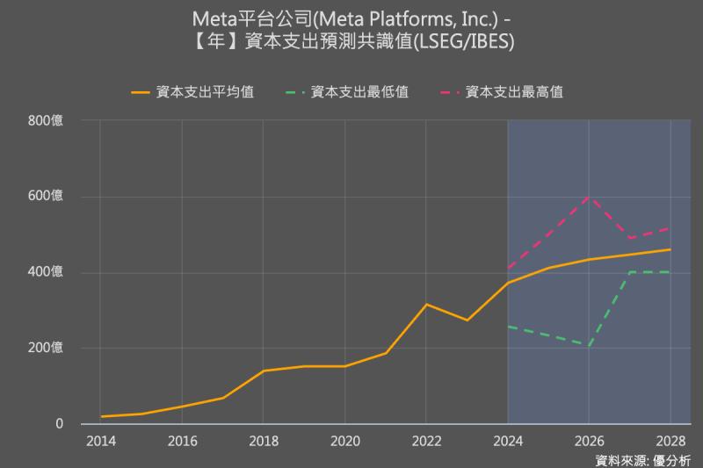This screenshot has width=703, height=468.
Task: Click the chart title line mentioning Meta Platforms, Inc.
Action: coord(351,18)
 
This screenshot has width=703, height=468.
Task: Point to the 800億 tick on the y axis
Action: coord(47,120)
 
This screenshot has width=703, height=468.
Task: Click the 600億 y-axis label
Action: coord(47,197)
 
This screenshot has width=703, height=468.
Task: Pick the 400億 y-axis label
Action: coord(47,272)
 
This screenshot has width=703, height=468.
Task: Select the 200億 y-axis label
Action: coord(47,349)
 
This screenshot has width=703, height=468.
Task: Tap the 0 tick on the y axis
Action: coord(60,424)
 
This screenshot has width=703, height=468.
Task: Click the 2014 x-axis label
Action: coord(100,441)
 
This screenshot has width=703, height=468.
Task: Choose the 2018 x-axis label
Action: coord(263,441)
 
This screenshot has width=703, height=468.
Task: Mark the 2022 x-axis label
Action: coord(426,441)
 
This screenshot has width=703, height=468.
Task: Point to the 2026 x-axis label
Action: coord(589,441)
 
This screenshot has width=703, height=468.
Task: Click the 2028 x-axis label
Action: coord(670,441)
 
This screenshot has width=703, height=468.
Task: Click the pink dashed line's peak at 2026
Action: coord(589,197)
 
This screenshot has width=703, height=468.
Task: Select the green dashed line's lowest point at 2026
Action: coord(589,346)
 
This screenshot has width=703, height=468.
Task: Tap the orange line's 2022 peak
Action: coord(426,305)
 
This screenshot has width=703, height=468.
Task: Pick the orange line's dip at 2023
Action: coord(467,320)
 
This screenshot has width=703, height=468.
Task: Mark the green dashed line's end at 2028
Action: coord(670,272)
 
